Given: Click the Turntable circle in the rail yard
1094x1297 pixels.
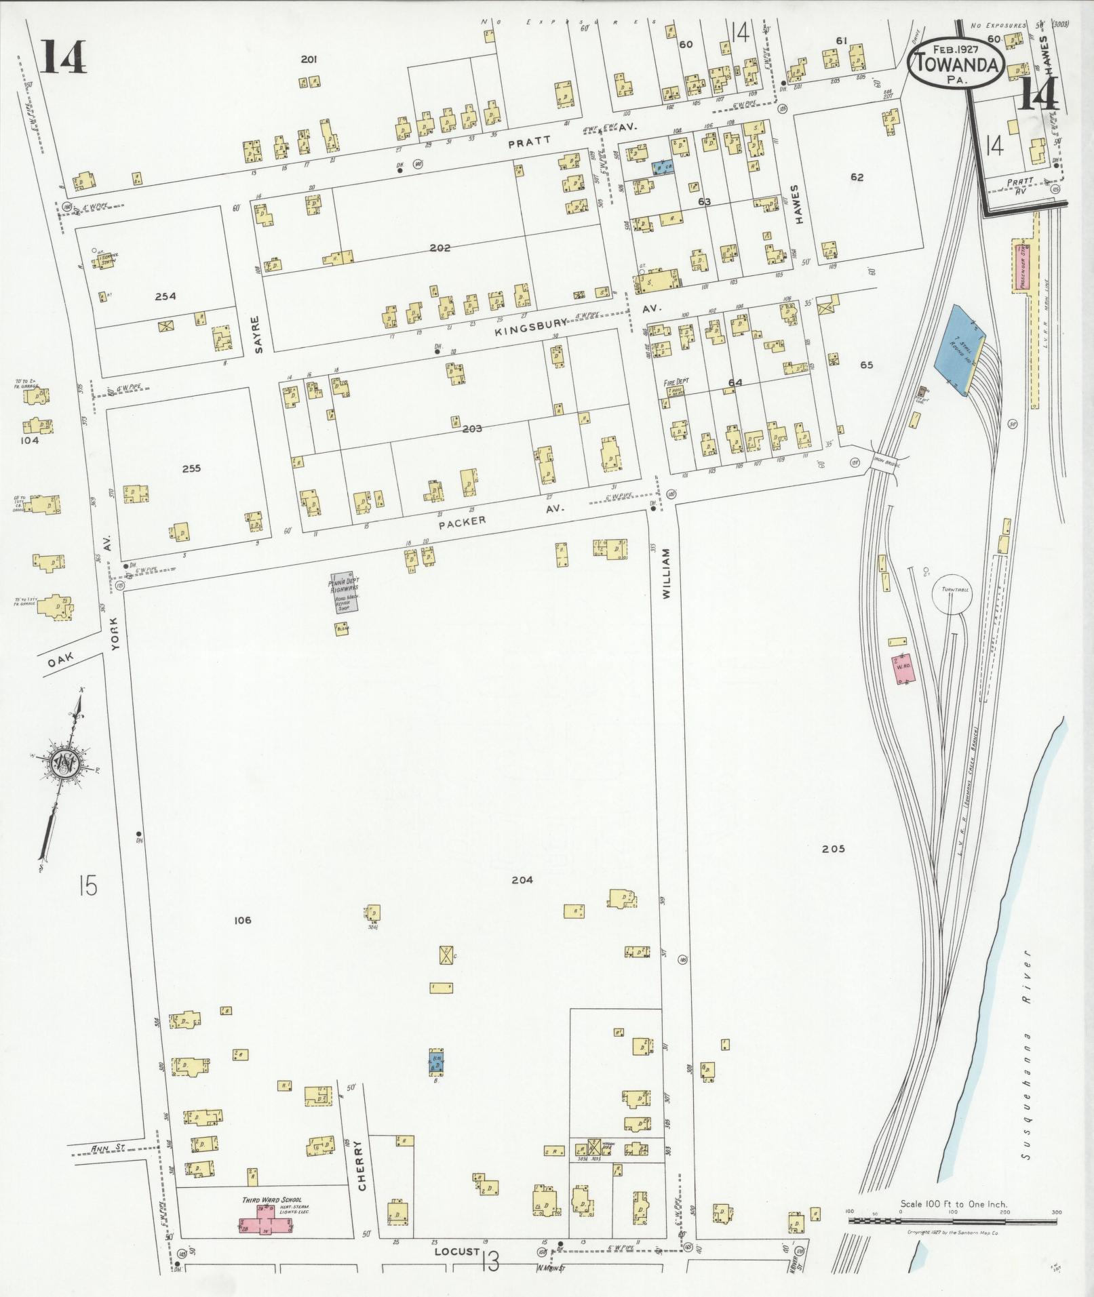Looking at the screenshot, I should [952, 595].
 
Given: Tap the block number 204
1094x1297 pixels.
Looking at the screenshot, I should [522, 880].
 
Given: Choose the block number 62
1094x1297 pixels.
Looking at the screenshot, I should [857, 178].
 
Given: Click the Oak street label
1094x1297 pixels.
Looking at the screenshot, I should [60, 662].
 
